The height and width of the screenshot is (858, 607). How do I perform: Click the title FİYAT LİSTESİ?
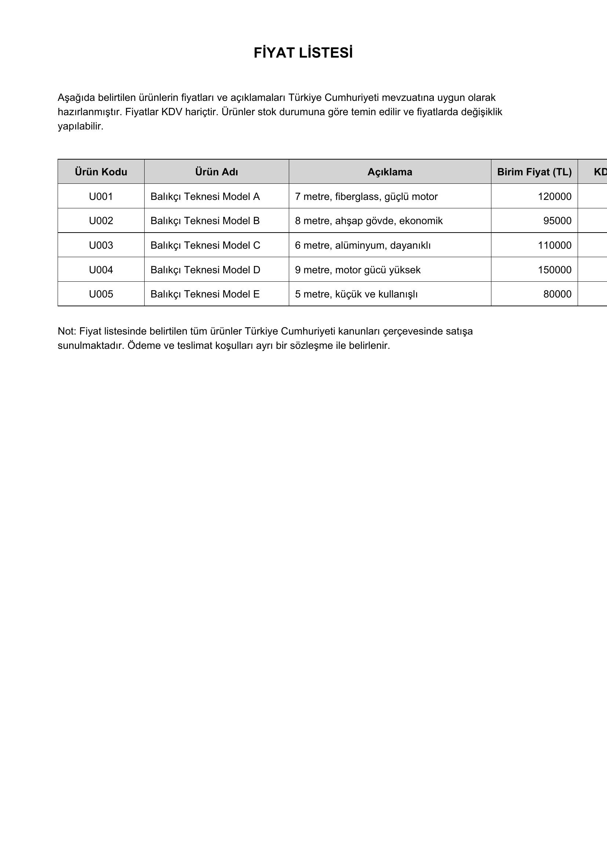[x=303, y=53]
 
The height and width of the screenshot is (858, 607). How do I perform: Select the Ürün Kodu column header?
[x=101, y=172]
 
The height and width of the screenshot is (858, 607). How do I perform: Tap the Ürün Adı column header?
[x=217, y=172]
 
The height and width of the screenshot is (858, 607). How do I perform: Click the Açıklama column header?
[x=389, y=172]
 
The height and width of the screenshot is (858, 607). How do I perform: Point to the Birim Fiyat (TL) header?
[x=534, y=172]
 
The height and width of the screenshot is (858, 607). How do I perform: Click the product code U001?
[x=101, y=197]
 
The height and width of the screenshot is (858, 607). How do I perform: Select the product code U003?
[x=101, y=245]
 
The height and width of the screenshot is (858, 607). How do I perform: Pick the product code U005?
[x=101, y=295]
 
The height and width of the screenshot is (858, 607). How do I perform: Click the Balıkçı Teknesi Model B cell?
[x=205, y=221]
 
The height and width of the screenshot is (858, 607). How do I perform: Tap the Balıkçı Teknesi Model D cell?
[x=205, y=270]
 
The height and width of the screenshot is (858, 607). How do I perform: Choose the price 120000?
[x=554, y=197]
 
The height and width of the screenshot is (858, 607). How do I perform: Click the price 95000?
[x=557, y=221]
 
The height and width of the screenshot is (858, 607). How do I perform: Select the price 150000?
[x=554, y=270]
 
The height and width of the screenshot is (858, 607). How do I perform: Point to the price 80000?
[x=557, y=295]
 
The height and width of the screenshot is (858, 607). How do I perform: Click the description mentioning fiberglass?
[x=366, y=197]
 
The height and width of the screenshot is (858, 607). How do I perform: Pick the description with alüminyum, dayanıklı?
[x=363, y=245]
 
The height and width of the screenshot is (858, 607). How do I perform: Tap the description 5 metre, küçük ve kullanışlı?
[x=356, y=295]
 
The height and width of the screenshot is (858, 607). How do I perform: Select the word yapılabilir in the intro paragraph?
[x=80, y=126]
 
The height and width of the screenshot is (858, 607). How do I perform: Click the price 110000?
[x=554, y=245]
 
